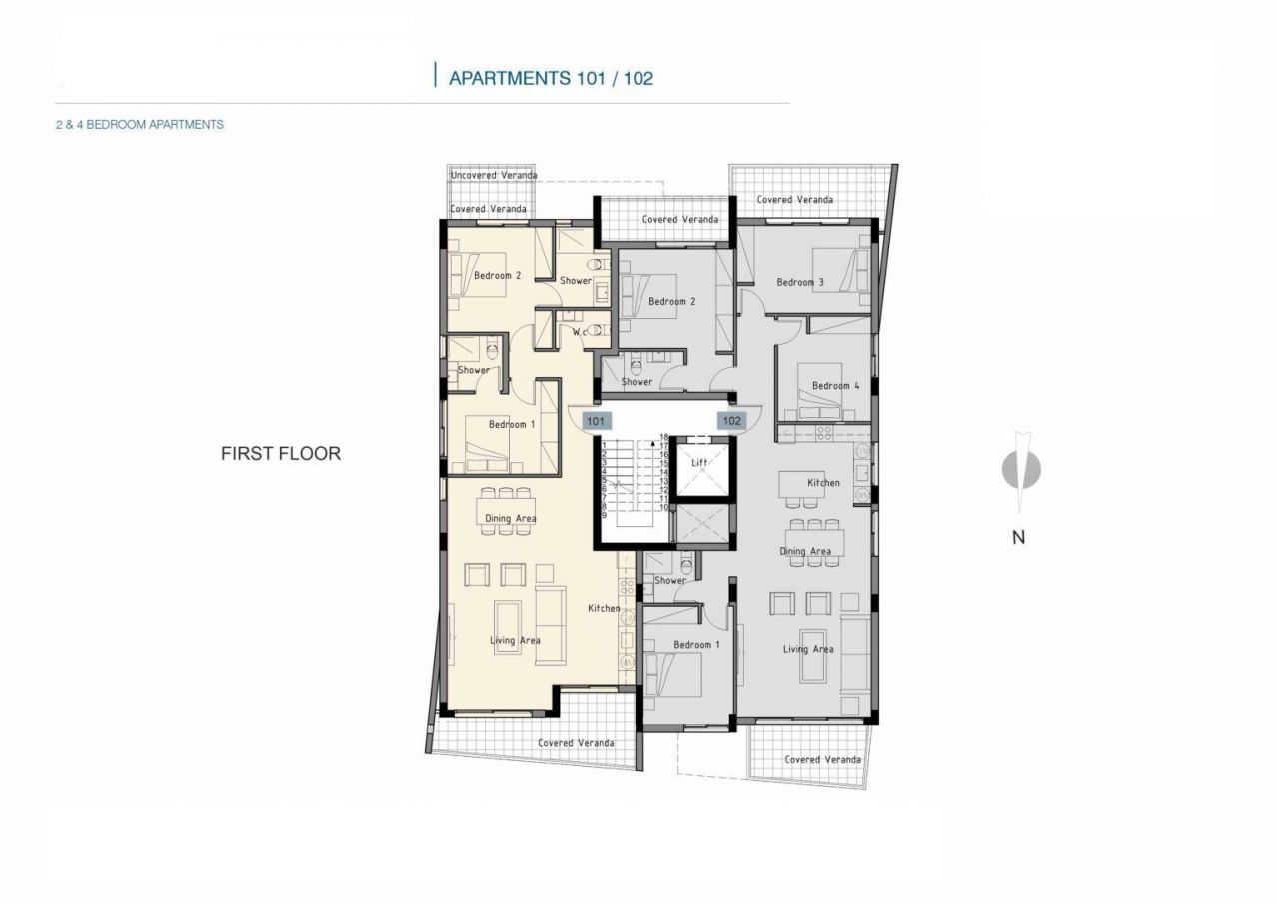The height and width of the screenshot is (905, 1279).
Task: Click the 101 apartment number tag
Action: pyautogui.click(x=595, y=421)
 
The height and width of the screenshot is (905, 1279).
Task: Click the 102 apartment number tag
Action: pyautogui.click(x=731, y=421)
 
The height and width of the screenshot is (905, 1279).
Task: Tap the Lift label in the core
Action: pyautogui.click(x=699, y=463)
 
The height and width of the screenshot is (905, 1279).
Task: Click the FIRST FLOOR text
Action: pyautogui.click(x=280, y=454)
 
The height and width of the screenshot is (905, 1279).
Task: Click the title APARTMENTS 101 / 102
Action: pyautogui.click(x=551, y=78)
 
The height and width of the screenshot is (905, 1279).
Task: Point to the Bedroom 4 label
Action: pyautogui.click(x=835, y=386)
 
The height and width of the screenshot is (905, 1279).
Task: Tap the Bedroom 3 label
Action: pyautogui.click(x=800, y=282)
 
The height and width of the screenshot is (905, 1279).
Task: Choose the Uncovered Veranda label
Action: pyautogui.click(x=494, y=175)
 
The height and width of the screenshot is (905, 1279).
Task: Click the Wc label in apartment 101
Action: pyautogui.click(x=579, y=332)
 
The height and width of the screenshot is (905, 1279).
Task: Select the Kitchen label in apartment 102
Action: pyautogui.click(x=823, y=483)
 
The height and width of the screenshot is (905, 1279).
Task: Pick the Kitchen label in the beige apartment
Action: pyautogui.click(x=604, y=608)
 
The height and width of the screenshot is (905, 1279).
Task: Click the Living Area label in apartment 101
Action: pyautogui.click(x=515, y=640)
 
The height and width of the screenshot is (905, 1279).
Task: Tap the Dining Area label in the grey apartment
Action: pyautogui.click(x=805, y=551)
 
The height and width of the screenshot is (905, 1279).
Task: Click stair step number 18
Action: pyautogui.click(x=663, y=437)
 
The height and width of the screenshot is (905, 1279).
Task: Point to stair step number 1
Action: pyautogui.click(x=605, y=445)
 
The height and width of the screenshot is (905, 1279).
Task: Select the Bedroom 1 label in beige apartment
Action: pyautogui.click(x=512, y=424)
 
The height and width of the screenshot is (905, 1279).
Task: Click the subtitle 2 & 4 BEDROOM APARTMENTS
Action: pyautogui.click(x=140, y=125)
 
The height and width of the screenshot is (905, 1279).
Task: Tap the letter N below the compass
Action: pyautogui.click(x=1018, y=537)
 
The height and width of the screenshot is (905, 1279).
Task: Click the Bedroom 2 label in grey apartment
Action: pyautogui.click(x=671, y=302)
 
